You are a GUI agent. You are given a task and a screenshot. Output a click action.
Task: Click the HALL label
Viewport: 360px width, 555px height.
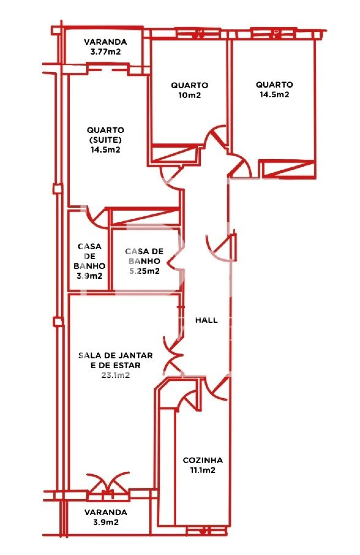pyautogui.click(x=206, y=320)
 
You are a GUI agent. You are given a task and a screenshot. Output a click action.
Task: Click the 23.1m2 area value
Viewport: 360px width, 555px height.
pyautogui.click(x=115, y=375)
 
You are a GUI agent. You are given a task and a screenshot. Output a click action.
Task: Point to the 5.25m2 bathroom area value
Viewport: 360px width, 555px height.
pyautogui.click(x=144, y=271)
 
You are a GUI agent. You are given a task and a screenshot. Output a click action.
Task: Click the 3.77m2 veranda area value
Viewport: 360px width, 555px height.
pyautogui.click(x=105, y=52)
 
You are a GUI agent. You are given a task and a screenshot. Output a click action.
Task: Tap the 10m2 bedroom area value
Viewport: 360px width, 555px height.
pyautogui.click(x=190, y=95)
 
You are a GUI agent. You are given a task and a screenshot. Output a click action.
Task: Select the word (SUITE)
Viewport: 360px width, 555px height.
pyautogui.click(x=105, y=140)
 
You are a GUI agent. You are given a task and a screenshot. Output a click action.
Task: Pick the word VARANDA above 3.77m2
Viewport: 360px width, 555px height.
pyautogui.click(x=105, y=42)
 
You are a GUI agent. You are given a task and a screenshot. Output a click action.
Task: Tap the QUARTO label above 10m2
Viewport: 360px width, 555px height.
pyautogui.click(x=190, y=85)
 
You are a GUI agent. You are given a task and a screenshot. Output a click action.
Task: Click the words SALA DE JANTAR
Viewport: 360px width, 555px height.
pyautogui.click(x=115, y=355)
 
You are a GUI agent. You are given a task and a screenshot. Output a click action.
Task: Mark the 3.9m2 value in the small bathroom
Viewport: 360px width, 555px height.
pyautogui.click(x=89, y=276)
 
